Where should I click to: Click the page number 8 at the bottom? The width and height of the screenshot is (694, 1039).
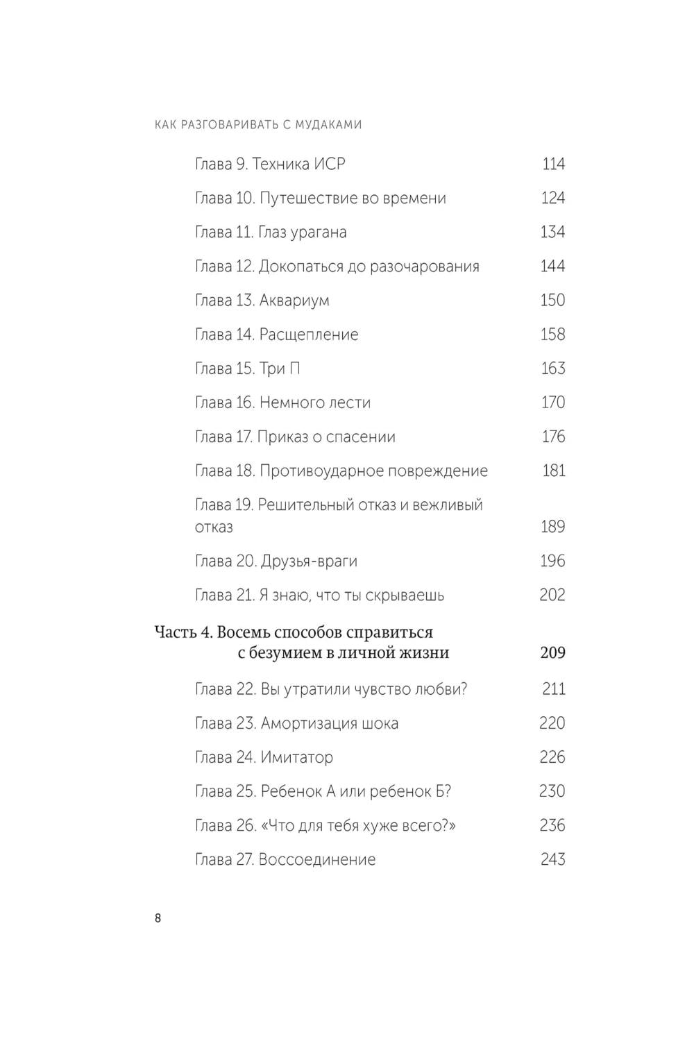coord(158,918)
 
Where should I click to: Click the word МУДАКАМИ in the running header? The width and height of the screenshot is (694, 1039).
coord(329,125)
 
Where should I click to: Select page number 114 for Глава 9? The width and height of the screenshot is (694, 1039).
coord(553,164)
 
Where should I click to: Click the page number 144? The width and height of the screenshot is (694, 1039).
coord(552,267)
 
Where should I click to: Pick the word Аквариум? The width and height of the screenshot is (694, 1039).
coord(294,301)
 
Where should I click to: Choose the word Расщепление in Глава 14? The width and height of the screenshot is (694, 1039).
coord(309,335)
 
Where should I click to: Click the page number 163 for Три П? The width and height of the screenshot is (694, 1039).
coord(552,369)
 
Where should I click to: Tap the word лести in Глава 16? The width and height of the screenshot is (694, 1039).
coord(351,403)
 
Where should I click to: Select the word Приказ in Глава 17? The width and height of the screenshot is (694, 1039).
coord(280,437)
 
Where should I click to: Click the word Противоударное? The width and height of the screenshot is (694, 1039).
coord(312,471)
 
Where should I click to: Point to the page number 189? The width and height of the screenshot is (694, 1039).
coord(552,527)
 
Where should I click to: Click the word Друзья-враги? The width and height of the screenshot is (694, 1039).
coord(309,561)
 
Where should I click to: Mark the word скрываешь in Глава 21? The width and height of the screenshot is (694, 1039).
coord(407,595)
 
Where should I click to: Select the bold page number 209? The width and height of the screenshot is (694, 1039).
coord(552,653)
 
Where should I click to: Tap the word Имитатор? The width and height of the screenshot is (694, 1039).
coord(296,758)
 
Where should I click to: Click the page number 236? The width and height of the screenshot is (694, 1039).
coord(552,826)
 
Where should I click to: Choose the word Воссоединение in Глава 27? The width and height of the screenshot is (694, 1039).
coord(316,860)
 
